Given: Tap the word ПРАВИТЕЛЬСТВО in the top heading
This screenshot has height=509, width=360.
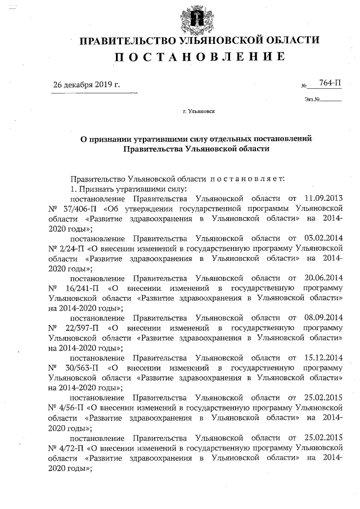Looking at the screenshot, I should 127,40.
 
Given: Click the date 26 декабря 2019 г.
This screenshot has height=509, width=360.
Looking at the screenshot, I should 86,85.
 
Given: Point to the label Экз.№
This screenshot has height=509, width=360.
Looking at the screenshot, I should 311,100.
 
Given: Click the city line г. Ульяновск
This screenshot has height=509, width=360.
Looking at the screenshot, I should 199,111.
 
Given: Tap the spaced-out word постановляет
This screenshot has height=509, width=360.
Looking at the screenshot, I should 247,178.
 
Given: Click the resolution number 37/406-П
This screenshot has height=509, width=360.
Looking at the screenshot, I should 85,209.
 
